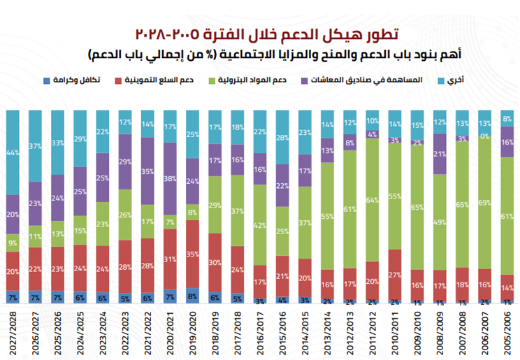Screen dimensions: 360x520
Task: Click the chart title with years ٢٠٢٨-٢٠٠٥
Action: (259, 33)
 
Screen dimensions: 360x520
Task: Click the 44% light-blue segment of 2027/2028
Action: (13, 152)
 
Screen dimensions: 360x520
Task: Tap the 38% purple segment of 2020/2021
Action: (170, 178)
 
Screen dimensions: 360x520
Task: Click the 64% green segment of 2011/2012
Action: (372, 200)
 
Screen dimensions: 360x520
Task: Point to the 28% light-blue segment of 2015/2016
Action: (282, 137)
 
